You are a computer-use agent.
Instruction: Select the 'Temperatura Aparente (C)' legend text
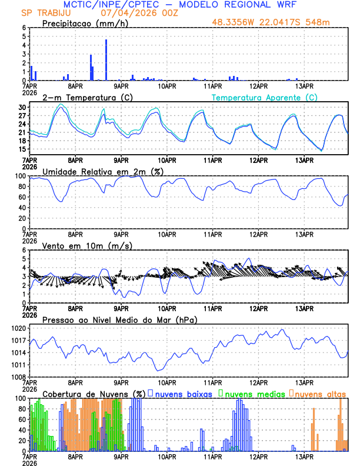[x=264, y=97]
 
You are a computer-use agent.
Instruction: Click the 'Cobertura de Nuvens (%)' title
[x=94, y=393]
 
